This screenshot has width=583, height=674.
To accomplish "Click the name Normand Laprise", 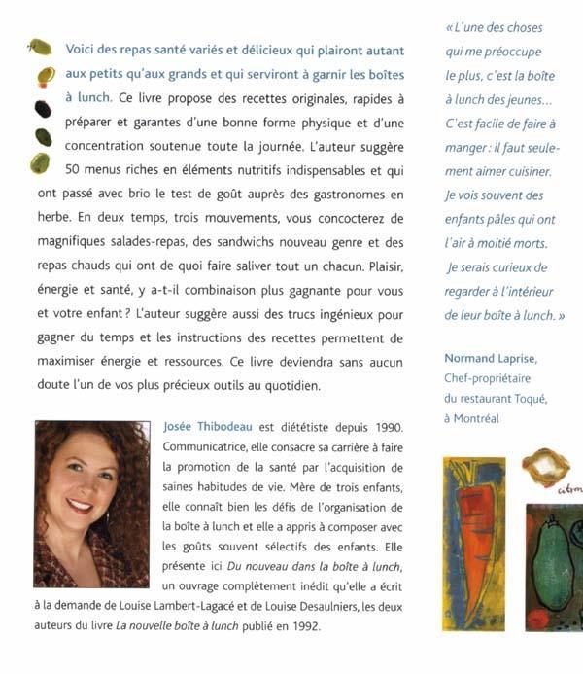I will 490,359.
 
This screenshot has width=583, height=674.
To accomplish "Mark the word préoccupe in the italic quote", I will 510,51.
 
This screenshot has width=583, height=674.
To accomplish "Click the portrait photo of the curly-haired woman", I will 91,504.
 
